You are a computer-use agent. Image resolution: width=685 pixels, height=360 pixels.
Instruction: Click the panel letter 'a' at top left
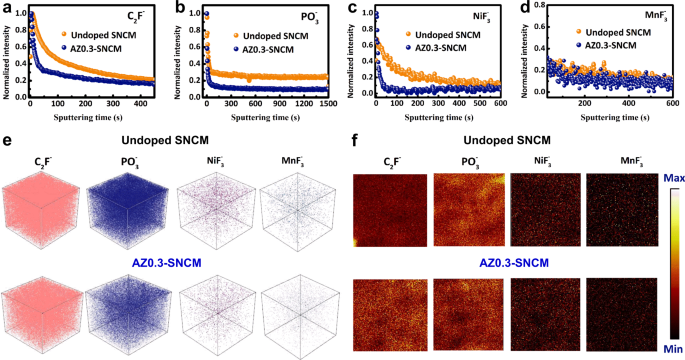coord(7,8)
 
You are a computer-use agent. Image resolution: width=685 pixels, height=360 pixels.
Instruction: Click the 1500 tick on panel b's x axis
coord(326,103)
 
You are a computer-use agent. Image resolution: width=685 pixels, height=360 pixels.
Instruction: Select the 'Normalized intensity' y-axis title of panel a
coord(6,56)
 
